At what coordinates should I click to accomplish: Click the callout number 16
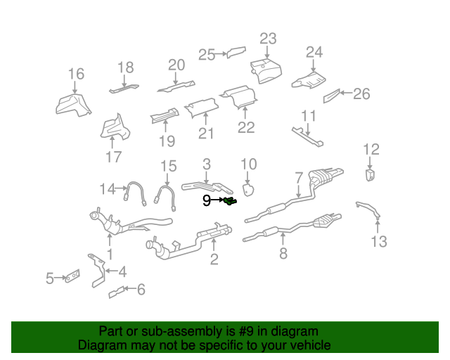pyautogui.click(x=76, y=74)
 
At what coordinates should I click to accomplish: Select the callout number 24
pyautogui.click(x=314, y=52)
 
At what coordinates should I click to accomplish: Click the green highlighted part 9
pyautogui.click(x=230, y=202)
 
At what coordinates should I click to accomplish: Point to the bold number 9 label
pyautogui.click(x=207, y=201)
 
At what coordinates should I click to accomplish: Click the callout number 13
pyautogui.click(x=379, y=243)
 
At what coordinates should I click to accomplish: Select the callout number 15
pyautogui.click(x=167, y=166)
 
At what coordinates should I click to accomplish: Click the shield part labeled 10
pyautogui.click(x=248, y=189)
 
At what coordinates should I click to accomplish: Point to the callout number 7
pyautogui.click(x=298, y=176)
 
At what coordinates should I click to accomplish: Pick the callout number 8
pyautogui.click(x=283, y=253)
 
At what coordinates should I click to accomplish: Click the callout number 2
pyautogui.click(x=214, y=259)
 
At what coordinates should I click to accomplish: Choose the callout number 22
pyautogui.click(x=245, y=127)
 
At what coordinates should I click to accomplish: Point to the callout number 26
pyautogui.click(x=361, y=94)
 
